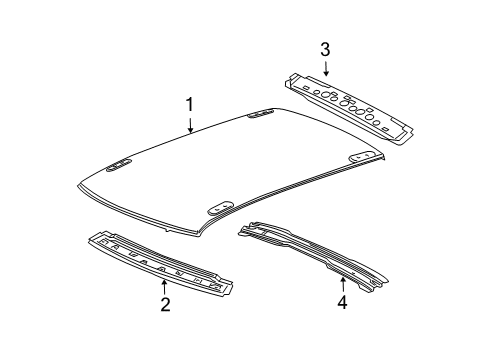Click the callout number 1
(188, 104)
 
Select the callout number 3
(324, 48)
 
